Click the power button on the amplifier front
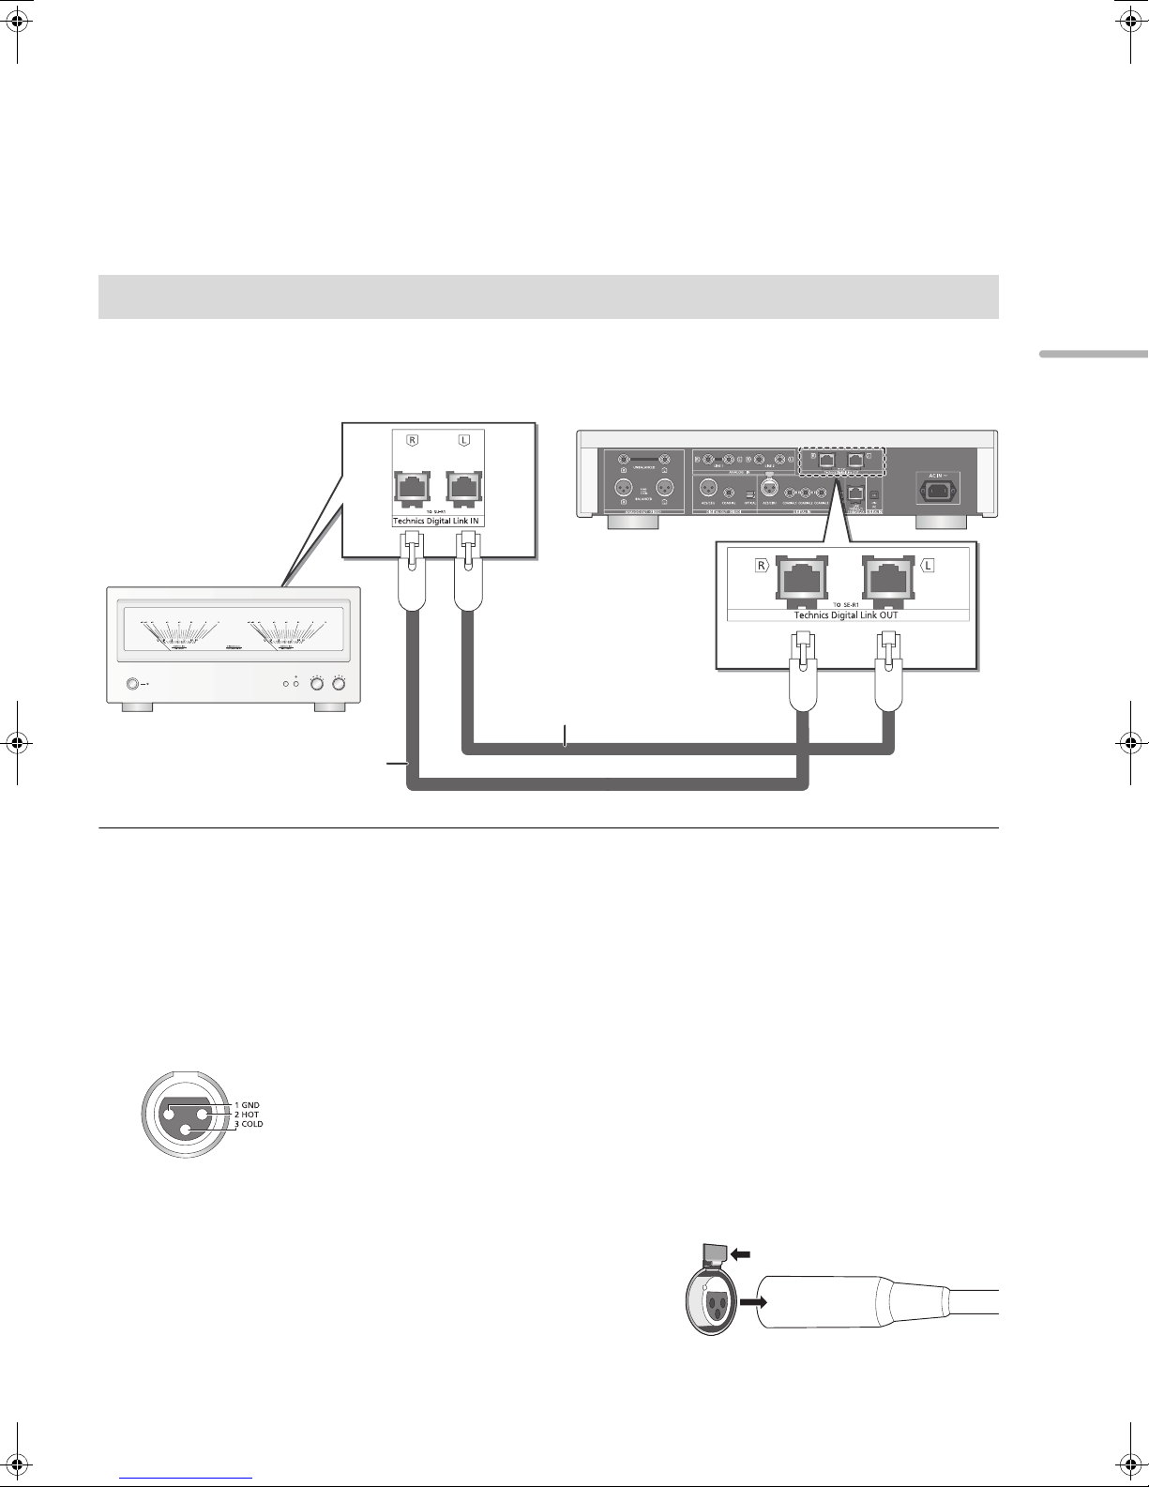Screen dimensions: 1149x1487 coord(133,684)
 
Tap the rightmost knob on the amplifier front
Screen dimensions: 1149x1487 coord(338,684)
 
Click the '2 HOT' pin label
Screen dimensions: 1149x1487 coord(249,1114)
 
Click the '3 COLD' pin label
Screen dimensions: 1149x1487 coord(249,1123)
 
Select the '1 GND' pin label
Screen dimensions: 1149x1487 coord(249,1104)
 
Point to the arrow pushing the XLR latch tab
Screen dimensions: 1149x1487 coord(742,1252)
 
